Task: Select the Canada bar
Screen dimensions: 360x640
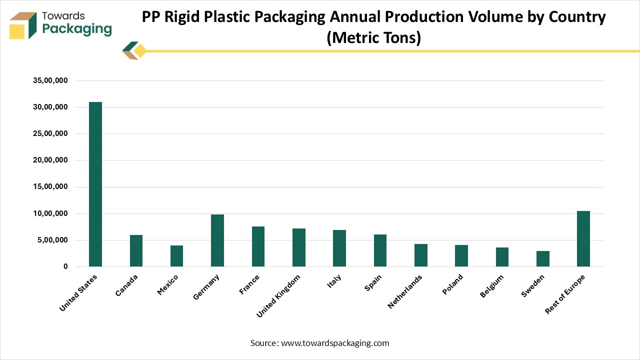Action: [136, 250]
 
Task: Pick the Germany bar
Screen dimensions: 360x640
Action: [217, 240]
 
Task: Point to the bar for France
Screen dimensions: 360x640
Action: [258, 246]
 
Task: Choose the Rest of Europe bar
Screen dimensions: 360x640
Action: [583, 238]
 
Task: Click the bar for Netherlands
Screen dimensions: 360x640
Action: [420, 255]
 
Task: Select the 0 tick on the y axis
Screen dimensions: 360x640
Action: [65, 267]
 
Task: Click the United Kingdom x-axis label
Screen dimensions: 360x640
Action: [278, 295]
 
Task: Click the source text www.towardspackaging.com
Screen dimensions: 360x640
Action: [335, 343]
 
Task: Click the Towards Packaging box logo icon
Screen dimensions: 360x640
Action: [23, 25]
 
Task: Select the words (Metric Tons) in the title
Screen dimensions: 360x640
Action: [373, 37]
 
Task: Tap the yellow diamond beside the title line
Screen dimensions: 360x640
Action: [140, 51]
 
